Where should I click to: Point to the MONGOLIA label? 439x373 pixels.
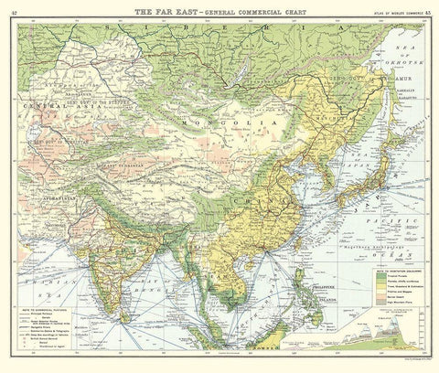(242, 123)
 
